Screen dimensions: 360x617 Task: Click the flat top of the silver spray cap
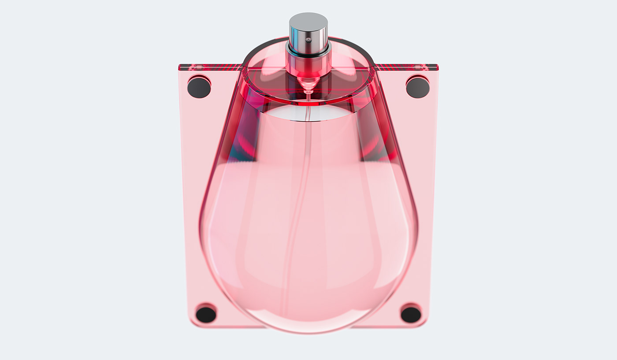tap(308, 20)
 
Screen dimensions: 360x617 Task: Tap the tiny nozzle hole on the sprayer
tap(308, 40)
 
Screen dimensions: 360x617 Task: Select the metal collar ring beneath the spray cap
tap(308, 50)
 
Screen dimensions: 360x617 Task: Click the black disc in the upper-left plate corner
tap(199, 87)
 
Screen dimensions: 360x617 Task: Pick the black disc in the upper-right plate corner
tap(417, 87)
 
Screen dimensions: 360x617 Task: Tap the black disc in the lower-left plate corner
tap(206, 314)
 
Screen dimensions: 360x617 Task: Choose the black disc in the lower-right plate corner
tap(411, 314)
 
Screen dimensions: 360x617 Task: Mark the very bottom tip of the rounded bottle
tap(308, 331)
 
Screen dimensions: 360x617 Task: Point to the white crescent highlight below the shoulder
tap(308, 113)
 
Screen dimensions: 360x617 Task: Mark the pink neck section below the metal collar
tap(308, 66)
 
